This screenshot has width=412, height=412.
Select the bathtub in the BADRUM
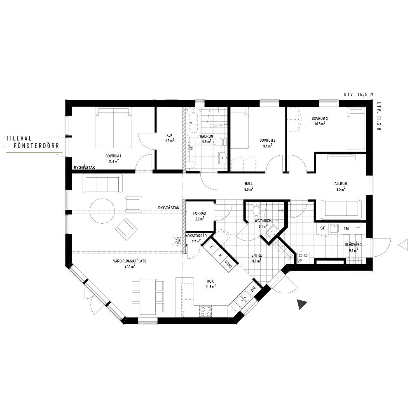(193, 122)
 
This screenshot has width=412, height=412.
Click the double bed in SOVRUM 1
(113, 128)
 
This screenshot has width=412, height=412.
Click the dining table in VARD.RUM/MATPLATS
(147, 296)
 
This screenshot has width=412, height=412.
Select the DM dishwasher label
(253, 290)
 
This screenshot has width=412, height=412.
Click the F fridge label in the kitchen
(211, 247)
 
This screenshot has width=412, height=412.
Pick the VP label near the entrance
(300, 261)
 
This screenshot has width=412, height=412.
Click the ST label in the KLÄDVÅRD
(323, 228)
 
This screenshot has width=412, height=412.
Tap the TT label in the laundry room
(358, 229)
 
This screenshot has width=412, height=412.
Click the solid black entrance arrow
(302, 304)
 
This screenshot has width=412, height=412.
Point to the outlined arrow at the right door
(403, 245)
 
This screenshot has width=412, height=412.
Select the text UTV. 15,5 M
(358, 95)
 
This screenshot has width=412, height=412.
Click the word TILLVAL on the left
(19, 138)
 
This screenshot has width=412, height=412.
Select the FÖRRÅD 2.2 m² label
(199, 216)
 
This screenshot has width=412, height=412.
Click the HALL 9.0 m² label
(248, 186)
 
